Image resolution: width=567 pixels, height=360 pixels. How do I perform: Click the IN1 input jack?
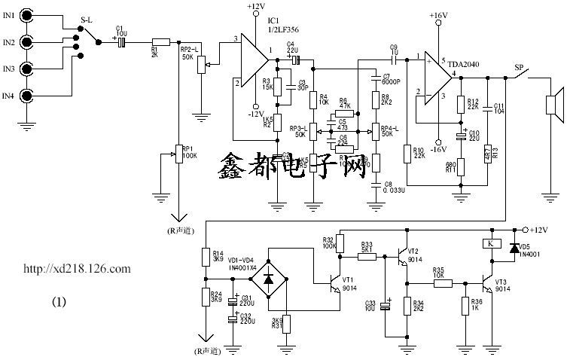(26, 14)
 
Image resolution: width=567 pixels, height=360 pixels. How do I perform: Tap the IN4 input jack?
(26, 96)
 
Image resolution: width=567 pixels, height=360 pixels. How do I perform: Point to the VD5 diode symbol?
(516, 246)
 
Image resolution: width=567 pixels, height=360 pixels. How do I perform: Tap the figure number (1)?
(59, 302)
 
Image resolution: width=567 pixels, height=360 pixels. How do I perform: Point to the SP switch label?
(518, 66)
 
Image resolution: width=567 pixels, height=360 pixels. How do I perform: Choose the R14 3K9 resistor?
(204, 258)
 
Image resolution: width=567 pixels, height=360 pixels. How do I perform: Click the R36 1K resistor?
(462, 306)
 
